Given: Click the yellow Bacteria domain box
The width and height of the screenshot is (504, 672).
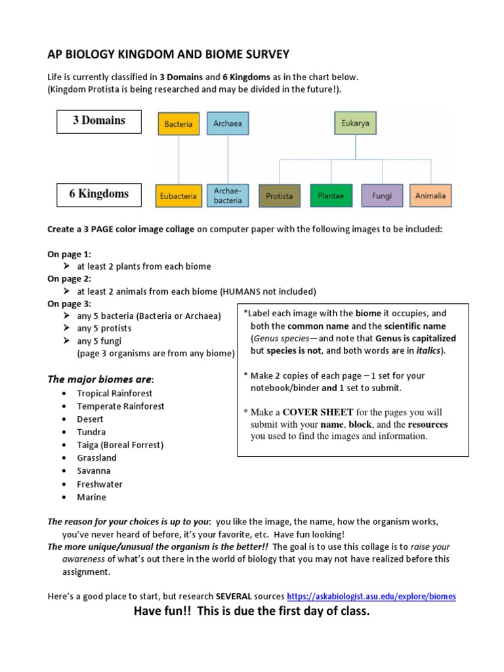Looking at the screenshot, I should pyautogui.click(x=178, y=123).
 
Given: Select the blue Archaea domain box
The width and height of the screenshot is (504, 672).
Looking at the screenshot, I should pyautogui.click(x=228, y=123).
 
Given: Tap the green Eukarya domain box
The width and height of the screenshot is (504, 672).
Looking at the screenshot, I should pyautogui.click(x=355, y=123).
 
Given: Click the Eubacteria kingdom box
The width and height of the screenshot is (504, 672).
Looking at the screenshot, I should pyautogui.click(x=178, y=196).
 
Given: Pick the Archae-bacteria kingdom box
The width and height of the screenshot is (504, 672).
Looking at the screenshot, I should pyautogui.click(x=228, y=195).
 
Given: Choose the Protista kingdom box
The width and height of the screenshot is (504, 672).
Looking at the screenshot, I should pyautogui.click(x=280, y=196).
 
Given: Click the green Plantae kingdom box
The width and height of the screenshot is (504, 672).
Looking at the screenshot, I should pyautogui.click(x=330, y=196).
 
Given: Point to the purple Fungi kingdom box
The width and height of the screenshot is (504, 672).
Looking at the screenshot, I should pyautogui.click(x=381, y=196).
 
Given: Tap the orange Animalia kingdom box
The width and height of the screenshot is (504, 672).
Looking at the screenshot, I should pyautogui.click(x=430, y=196).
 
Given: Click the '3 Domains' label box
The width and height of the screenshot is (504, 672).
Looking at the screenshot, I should pyautogui.click(x=99, y=121).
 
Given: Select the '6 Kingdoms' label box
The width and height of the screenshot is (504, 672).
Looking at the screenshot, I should pyautogui.click(x=99, y=194).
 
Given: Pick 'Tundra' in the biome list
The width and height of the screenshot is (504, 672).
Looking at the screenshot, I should pyautogui.click(x=91, y=432).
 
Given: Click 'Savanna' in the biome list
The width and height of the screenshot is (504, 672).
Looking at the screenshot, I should pyautogui.click(x=94, y=471).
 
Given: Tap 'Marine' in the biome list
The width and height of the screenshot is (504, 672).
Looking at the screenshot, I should pyautogui.click(x=91, y=497).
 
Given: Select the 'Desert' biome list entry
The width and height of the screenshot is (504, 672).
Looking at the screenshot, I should pyautogui.click(x=90, y=419).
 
